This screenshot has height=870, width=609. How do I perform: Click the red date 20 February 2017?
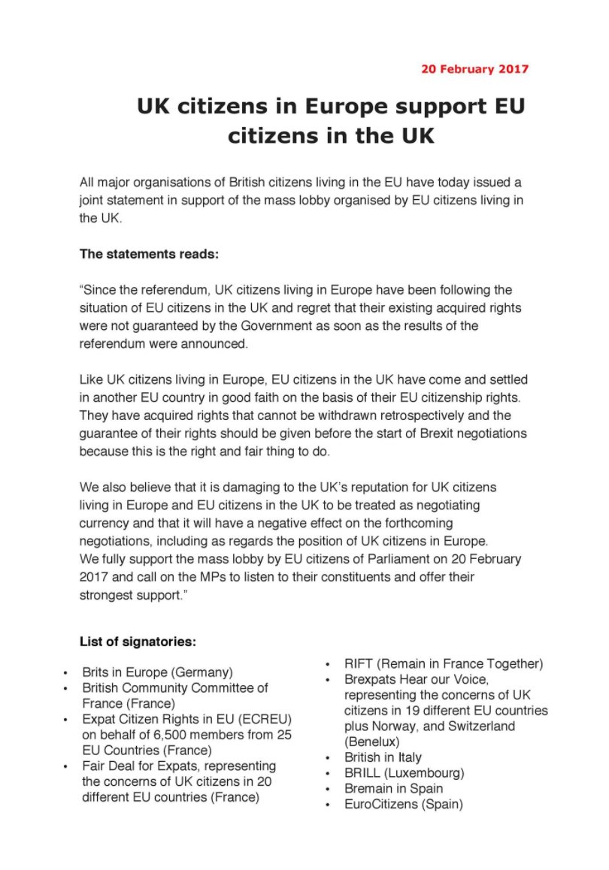coord(474,69)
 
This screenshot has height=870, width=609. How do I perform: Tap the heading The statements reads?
coord(149,254)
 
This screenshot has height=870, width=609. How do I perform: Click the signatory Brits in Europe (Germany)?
coord(157,672)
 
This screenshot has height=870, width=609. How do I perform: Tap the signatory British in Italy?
coord(383,757)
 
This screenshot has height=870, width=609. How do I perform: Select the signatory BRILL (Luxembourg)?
coord(404,773)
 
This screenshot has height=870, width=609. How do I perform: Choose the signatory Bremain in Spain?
coord(393,788)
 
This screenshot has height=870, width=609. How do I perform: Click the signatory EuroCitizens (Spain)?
coord(403,804)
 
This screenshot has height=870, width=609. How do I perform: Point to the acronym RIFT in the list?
coord(359,663)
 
